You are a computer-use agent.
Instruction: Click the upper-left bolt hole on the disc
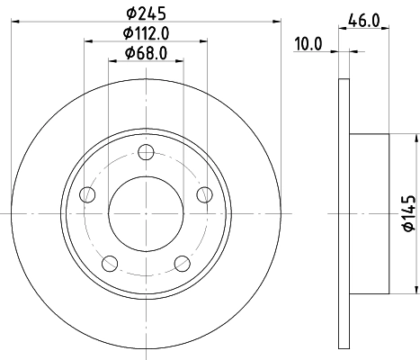(x=87, y=193)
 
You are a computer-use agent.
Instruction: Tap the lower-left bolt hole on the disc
(x=110, y=263)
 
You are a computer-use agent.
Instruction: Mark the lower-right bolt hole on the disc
(x=182, y=263)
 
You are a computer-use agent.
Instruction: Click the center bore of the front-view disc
(x=146, y=212)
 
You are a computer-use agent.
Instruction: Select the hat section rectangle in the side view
(x=369, y=213)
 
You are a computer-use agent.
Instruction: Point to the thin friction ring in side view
(x=344, y=213)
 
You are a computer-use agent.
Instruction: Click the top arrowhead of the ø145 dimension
(x=417, y=138)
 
